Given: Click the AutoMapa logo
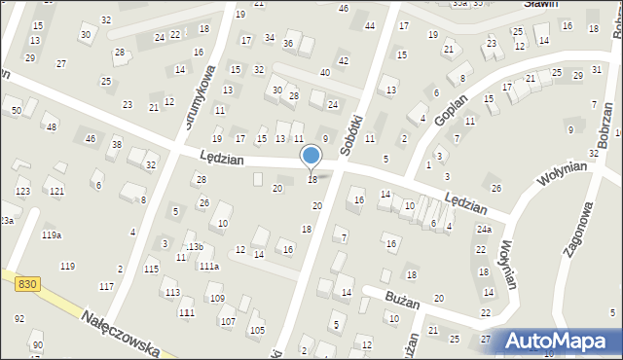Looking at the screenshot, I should click(559, 341).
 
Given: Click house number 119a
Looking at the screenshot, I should click(52, 235).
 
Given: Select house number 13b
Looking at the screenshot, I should click(195, 247).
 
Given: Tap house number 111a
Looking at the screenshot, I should click(209, 266).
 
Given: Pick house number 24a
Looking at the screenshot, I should click(484, 229).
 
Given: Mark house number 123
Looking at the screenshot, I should click(22, 191).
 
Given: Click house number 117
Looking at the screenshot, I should click(106, 286).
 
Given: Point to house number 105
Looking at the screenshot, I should click(257, 330).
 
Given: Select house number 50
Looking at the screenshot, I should click(16, 111).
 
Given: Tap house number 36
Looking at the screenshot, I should click(287, 44).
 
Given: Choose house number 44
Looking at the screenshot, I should click(369, 25).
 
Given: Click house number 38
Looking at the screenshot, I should click(116, 144).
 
